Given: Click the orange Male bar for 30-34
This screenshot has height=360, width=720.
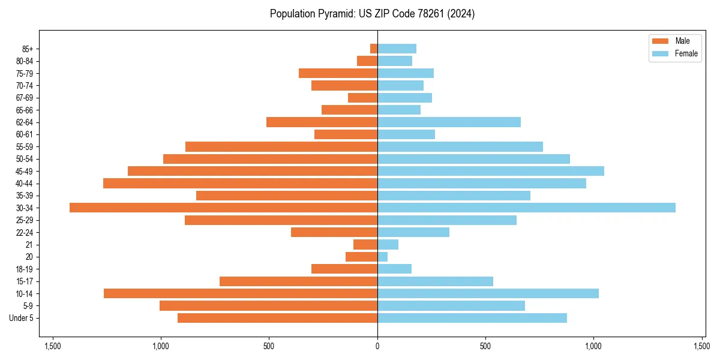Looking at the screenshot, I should point(223,208).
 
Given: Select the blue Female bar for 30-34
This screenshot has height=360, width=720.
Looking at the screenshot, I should point(526,208).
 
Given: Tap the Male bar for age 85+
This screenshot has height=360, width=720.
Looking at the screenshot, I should point(374,49).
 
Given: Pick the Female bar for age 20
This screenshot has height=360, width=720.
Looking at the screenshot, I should point(383,257).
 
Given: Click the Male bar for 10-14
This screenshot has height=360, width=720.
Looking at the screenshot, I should point(240,293).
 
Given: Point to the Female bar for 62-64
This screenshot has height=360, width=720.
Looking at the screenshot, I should point(449,122).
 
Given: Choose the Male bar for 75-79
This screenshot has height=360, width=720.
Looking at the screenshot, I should point(338,73).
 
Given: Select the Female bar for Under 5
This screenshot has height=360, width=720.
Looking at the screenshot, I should point(472,318).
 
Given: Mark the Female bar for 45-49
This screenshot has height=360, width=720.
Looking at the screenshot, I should point(491,171).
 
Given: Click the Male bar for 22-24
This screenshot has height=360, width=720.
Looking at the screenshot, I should point(334,232).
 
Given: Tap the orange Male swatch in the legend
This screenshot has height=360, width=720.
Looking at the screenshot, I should point(660,41).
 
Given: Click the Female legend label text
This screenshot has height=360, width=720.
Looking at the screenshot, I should point(686,53).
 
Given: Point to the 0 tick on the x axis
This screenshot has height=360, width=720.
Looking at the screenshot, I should point(377,346).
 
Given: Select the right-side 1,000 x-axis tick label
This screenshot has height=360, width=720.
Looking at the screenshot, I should point(594,346).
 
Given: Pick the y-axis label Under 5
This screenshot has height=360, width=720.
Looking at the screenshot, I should point(22,318).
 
